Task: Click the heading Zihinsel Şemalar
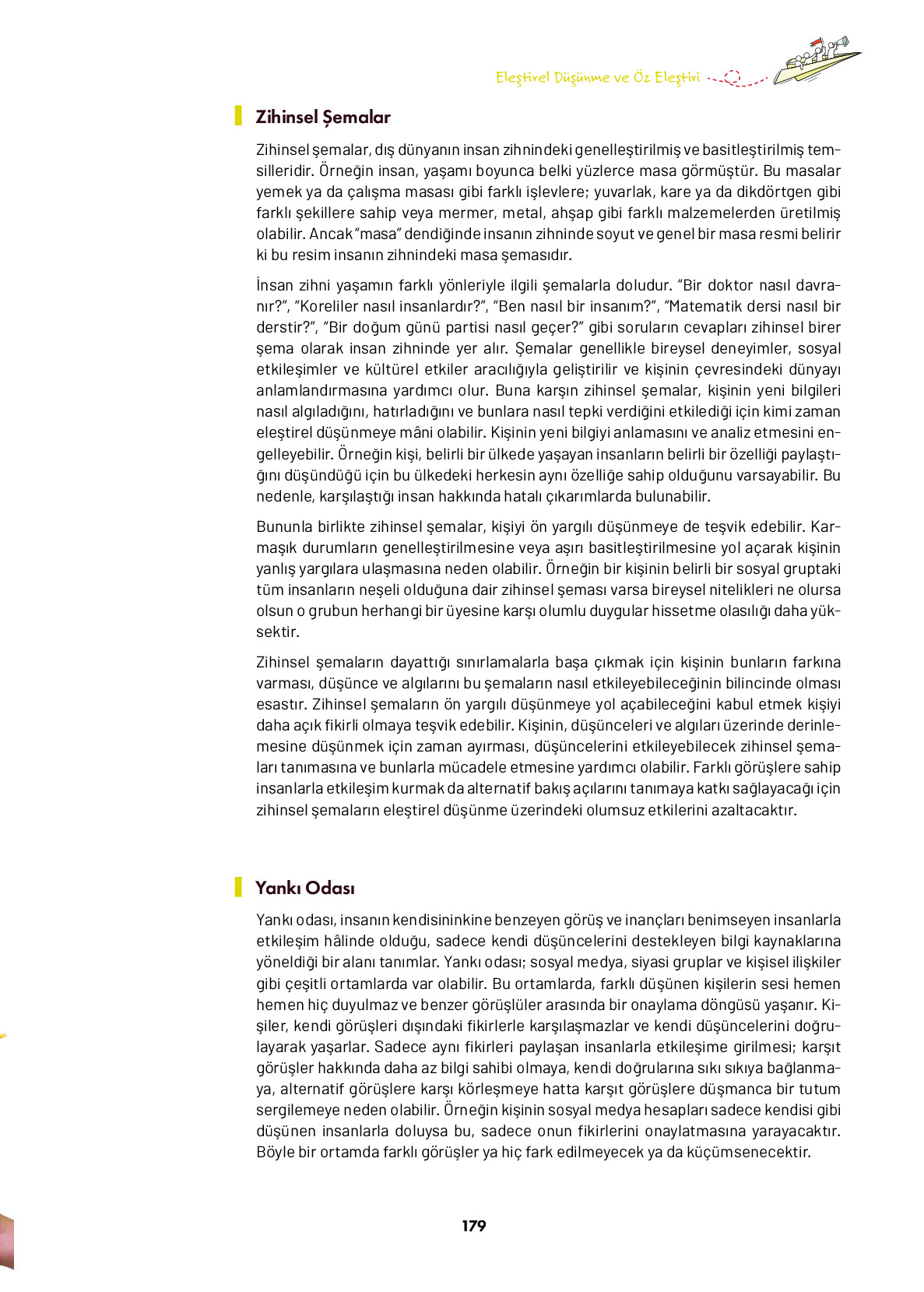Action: coord(323,118)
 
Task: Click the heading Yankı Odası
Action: coord(305,889)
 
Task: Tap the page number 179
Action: coord(473,1226)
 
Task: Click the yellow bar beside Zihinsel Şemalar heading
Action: coord(238,116)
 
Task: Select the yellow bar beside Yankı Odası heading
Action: coord(238,887)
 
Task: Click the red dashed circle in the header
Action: coord(732,77)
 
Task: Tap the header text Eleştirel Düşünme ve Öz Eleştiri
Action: coord(597,77)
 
